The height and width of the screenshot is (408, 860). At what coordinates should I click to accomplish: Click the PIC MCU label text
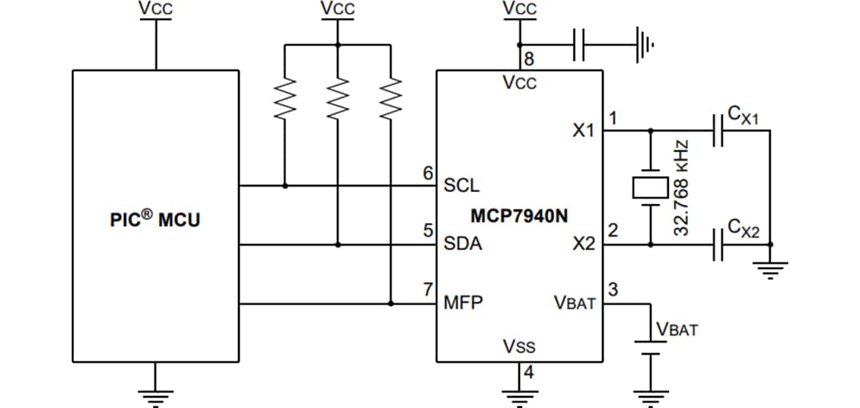155,219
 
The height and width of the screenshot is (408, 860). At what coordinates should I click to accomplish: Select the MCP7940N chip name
519,216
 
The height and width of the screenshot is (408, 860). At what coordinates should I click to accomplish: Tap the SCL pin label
462,186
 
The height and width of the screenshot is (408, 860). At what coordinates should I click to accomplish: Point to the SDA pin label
463,244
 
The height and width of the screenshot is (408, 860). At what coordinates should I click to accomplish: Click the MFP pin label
463,303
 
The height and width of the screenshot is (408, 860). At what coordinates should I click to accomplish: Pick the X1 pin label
583,130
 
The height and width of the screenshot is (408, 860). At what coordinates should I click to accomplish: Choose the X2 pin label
583,244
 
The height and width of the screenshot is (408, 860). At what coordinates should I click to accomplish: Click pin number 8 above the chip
528,59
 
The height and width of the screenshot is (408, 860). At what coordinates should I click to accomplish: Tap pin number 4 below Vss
528,372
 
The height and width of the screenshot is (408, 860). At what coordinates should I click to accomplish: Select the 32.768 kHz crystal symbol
651,187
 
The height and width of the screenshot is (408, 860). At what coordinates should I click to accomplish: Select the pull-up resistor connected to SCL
285,100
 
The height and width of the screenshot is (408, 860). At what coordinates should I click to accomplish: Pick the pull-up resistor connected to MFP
390,100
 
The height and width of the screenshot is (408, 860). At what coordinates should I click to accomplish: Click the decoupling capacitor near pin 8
579,43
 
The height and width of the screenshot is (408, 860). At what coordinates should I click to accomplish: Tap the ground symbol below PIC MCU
155,392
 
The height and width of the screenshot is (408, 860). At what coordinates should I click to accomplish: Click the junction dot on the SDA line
338,245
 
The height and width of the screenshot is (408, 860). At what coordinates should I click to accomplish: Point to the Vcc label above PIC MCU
155,9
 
